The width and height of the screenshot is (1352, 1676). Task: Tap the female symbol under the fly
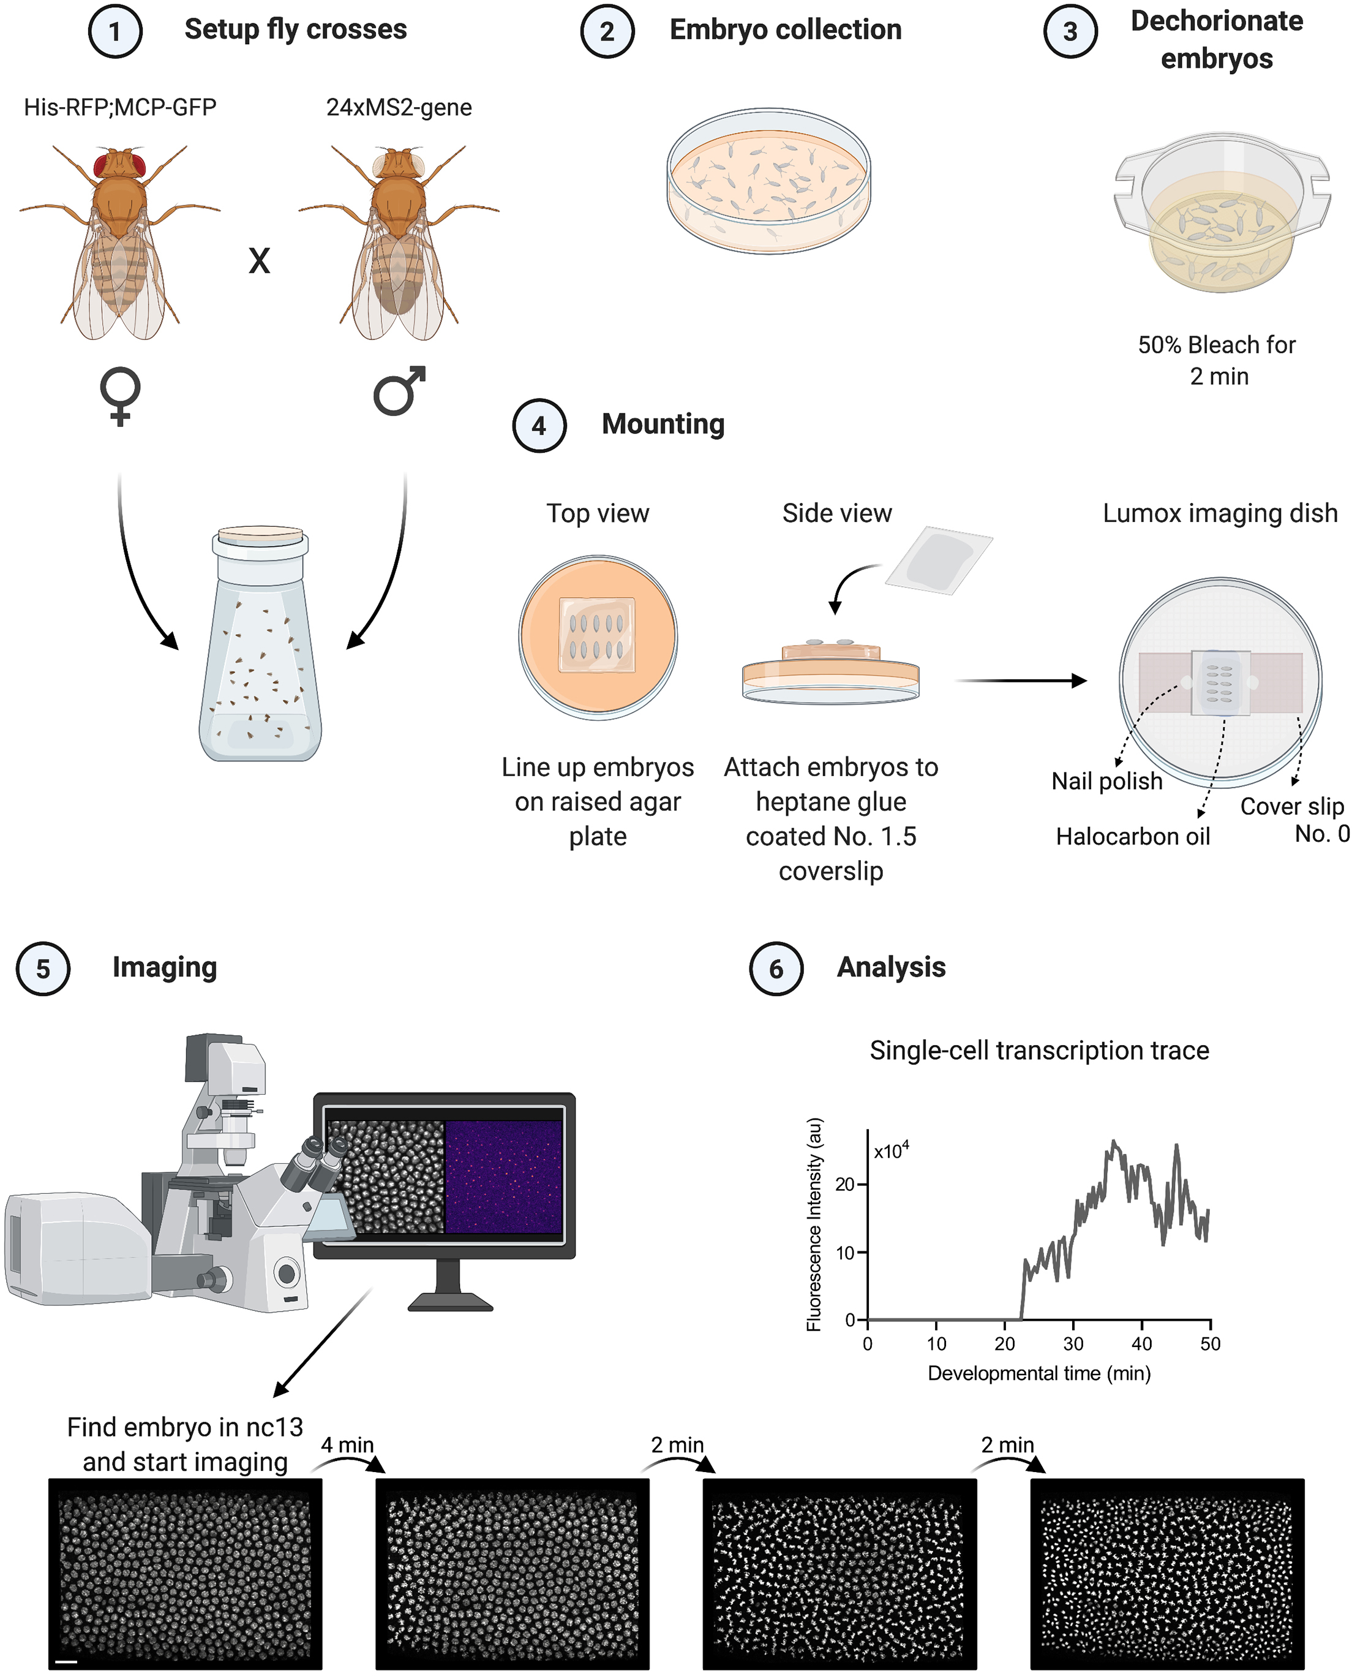point(120,396)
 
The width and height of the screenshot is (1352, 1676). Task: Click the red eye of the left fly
point(103,166)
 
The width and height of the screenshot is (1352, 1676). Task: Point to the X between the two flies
point(260,261)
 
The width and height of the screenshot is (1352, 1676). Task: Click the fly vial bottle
point(260,647)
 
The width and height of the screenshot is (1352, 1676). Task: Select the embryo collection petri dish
point(768,181)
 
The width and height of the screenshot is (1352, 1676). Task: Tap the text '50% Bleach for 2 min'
point(1217,360)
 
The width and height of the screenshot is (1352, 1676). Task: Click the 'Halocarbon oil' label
point(1132,836)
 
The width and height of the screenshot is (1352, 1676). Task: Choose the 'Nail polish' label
point(1106,781)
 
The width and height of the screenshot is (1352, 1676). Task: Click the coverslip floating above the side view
point(939,561)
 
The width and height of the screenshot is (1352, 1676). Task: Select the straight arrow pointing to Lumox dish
point(1020,680)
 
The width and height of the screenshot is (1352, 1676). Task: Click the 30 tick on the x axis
point(1073,1343)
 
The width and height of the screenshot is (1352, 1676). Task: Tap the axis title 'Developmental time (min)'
point(1039,1373)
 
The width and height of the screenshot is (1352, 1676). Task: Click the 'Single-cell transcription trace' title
point(1039,1051)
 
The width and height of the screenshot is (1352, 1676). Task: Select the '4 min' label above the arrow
point(347,1444)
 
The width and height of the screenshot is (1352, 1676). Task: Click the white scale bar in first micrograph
point(67,1661)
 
